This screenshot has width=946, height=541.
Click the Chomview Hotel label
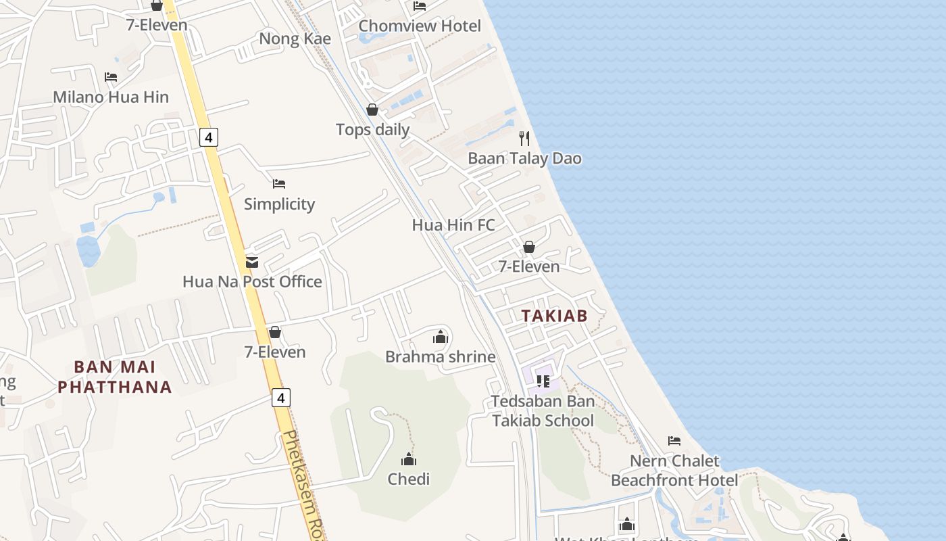pos(420,26)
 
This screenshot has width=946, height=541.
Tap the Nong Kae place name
pos(295,39)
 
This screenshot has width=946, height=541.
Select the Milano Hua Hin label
pos(111,97)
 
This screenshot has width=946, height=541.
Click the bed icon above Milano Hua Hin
pos(111,77)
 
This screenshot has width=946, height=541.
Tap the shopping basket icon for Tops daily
pos(372,110)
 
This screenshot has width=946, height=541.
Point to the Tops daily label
pos(372,129)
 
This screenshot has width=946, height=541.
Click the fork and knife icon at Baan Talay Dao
pos(524,139)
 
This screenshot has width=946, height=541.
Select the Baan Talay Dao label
pos(524,158)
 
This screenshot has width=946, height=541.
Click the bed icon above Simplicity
pos(279,184)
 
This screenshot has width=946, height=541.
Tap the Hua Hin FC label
pos(453,225)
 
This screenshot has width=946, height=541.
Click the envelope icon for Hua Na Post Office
pos(252,262)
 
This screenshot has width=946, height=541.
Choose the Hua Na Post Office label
pos(252,281)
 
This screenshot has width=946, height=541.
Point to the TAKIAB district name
pos(554,315)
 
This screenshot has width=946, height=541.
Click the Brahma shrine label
pos(440,356)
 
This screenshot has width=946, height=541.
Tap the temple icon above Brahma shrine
pos(441,336)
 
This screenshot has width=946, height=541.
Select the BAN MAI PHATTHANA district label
pos(114,377)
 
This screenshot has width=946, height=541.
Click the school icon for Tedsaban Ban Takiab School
pos(543,381)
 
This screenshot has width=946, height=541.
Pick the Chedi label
pos(408,479)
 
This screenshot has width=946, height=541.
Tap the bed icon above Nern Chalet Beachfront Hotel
pos(674,441)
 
